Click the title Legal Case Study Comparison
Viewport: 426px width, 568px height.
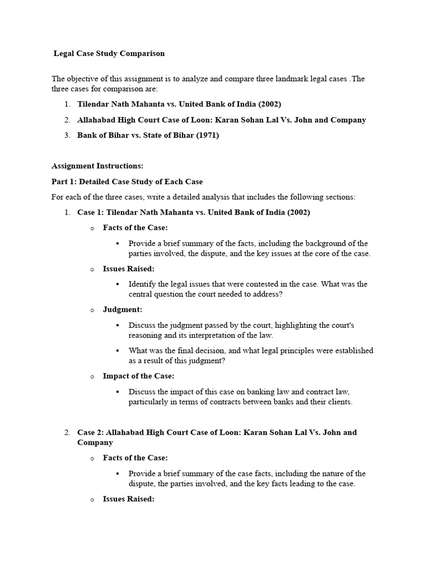(109, 54)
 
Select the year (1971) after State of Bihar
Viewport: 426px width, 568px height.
(206, 135)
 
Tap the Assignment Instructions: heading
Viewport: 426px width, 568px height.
(98, 165)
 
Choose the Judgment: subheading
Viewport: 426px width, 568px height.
(123, 309)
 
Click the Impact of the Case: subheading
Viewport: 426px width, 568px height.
(139, 376)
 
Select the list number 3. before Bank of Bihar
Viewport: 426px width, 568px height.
(67, 135)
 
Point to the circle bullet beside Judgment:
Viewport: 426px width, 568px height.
(92, 310)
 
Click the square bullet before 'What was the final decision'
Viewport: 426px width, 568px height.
(118, 351)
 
